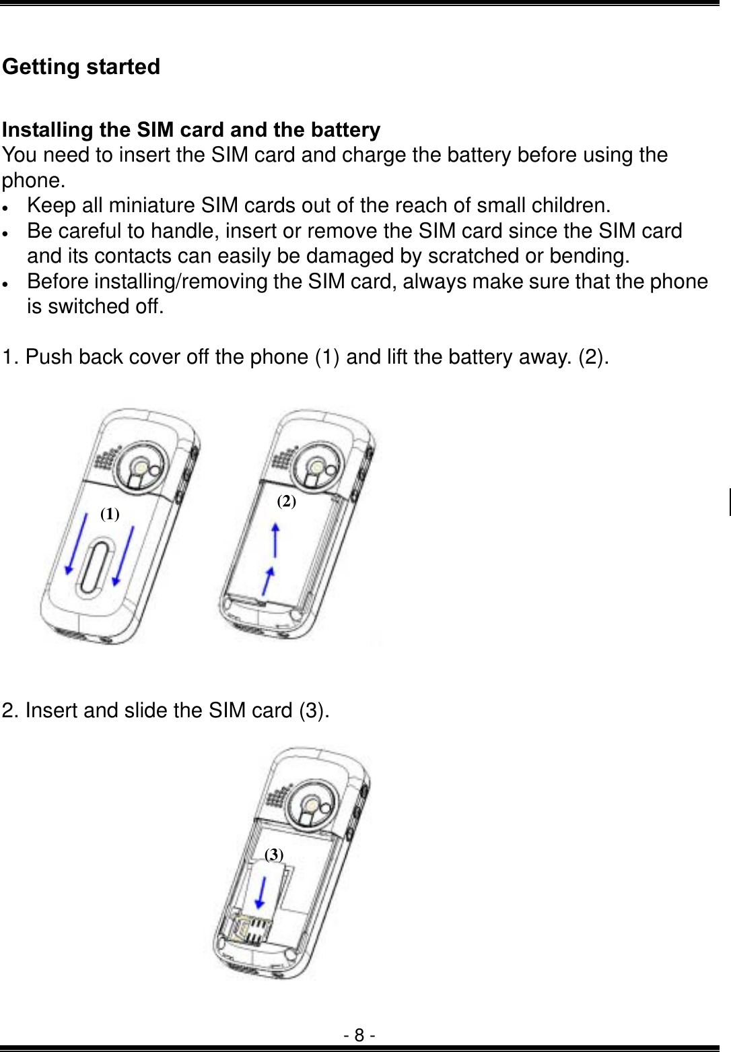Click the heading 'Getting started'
click(81, 67)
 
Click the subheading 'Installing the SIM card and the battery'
click(191, 129)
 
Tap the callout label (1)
click(110, 515)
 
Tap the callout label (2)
click(287, 500)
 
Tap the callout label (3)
click(274, 855)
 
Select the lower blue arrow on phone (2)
click(268, 581)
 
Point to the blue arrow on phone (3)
click(261, 894)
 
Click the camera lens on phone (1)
click(139, 467)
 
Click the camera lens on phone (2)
click(315, 466)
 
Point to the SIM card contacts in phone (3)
click(252, 933)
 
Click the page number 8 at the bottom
click(360, 1034)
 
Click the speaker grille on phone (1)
click(104, 460)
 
